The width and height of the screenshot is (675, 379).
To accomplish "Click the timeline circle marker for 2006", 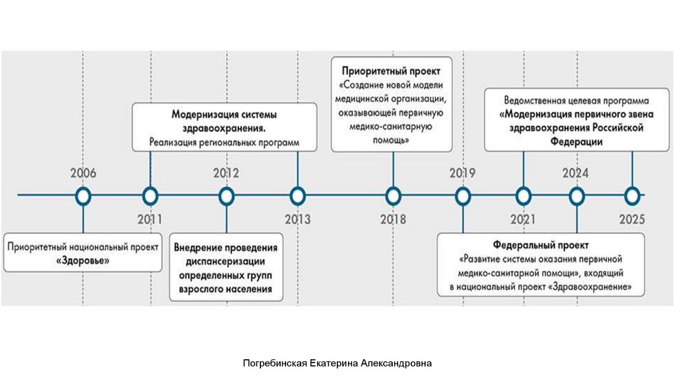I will click(x=83, y=195).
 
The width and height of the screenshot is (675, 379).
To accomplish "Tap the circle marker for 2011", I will click(x=150, y=195).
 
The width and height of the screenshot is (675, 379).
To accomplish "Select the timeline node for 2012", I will click(x=226, y=195).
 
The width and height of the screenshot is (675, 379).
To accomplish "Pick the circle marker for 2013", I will click(x=298, y=195).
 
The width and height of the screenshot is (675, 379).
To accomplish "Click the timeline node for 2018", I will click(x=393, y=195).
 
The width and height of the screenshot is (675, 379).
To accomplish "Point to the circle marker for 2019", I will click(x=463, y=195).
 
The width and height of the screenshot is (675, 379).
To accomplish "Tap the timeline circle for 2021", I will click(x=523, y=195).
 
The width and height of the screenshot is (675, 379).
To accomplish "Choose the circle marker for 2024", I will click(x=577, y=195).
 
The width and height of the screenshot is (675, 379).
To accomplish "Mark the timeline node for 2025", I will click(x=632, y=195).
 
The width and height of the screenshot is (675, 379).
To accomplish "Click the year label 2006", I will click(x=83, y=174).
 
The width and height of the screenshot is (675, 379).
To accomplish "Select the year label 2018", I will click(x=393, y=219).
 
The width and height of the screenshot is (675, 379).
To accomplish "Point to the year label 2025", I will click(x=632, y=219).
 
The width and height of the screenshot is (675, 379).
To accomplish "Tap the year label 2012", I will click(x=226, y=174).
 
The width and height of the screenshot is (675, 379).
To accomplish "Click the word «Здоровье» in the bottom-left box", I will click(x=83, y=261).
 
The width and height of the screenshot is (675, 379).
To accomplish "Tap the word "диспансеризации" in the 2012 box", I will click(x=226, y=261).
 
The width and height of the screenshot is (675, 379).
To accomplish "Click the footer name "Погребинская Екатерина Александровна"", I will click(x=337, y=363).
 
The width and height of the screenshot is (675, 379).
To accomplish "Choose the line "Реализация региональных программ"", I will click(x=224, y=142).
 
